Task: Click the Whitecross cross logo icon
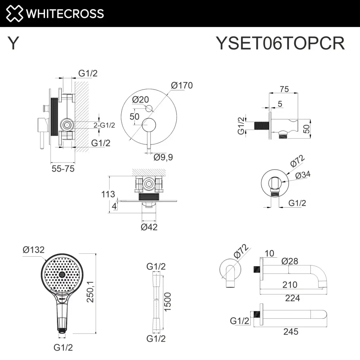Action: (x=14, y=14)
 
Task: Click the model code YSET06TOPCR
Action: (x=280, y=43)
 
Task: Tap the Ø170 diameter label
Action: (x=182, y=85)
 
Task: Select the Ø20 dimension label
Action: (x=141, y=99)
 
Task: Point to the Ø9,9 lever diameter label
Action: (x=163, y=157)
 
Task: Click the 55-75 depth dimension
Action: (x=63, y=169)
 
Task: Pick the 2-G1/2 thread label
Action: (x=104, y=125)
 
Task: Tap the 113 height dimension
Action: (x=108, y=194)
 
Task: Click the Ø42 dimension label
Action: (x=149, y=227)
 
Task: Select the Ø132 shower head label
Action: (x=33, y=250)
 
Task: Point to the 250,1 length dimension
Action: (x=90, y=291)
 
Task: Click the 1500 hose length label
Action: (x=168, y=302)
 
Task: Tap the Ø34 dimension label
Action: (x=303, y=175)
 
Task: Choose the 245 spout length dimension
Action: (x=291, y=332)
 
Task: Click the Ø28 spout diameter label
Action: (x=290, y=261)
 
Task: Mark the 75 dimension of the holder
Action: (x=284, y=89)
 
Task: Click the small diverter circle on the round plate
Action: (x=149, y=108)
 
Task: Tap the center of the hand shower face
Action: (x=62, y=274)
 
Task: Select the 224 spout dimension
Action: (x=292, y=298)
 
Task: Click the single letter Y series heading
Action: (x=13, y=43)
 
